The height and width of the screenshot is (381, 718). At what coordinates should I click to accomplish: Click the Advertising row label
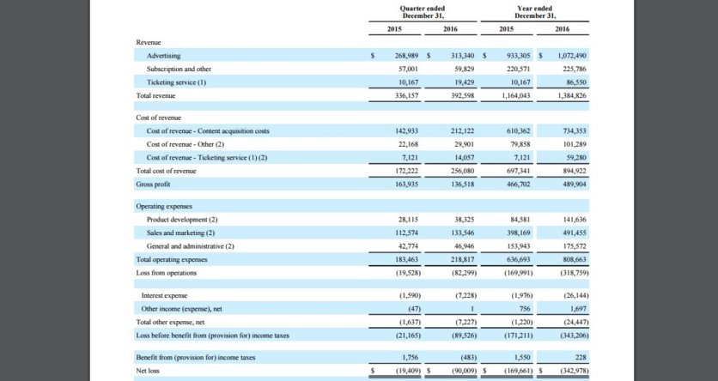[163, 56]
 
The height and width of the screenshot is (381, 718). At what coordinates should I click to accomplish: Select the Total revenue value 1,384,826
[571, 95]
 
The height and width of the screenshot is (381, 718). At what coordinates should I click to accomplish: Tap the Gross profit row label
[153, 184]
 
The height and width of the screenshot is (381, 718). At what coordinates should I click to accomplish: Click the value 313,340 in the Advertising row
[462, 56]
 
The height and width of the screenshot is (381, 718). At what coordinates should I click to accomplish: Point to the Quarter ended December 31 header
[423, 12]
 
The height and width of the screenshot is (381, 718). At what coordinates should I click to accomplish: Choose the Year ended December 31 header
[534, 12]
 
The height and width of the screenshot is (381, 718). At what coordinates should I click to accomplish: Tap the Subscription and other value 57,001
[407, 69]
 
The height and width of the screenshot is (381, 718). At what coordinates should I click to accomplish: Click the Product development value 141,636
[575, 220]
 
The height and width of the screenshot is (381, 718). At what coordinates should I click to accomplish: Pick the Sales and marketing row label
[180, 233]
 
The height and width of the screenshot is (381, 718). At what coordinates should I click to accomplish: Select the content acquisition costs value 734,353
[575, 130]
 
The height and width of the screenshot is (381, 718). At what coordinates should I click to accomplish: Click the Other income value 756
[525, 309]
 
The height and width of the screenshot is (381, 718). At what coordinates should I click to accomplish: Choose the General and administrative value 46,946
[463, 246]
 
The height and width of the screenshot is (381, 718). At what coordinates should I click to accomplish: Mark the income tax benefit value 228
[581, 357]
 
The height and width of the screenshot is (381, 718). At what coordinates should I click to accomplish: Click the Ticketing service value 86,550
[577, 82]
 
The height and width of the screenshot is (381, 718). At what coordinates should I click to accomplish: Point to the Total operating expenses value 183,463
[406, 259]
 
